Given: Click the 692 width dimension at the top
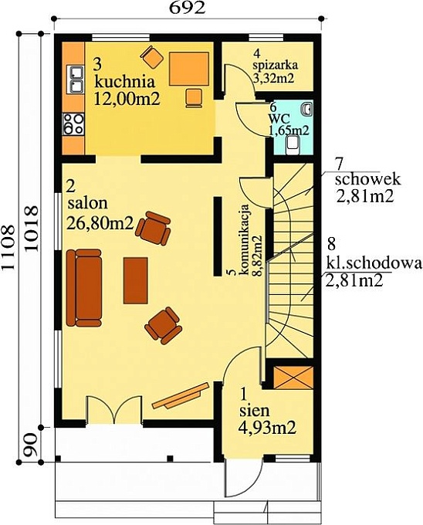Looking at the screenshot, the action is pyautogui.click(x=187, y=8).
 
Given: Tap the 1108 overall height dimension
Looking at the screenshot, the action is pyautogui.click(x=8, y=247).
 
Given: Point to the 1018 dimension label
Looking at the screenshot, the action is pyautogui.click(x=31, y=229).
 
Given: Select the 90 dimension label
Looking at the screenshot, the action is pyautogui.click(x=31, y=445).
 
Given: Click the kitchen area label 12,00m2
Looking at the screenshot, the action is pyautogui.click(x=127, y=99).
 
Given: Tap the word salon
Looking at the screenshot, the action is pyautogui.click(x=88, y=203).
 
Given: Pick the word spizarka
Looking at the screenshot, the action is pyautogui.click(x=276, y=66).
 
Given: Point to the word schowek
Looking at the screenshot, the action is pyautogui.click(x=367, y=179).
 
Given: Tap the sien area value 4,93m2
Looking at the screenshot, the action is pyautogui.click(x=267, y=428).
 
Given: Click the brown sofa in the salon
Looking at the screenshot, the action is pyautogui.click(x=84, y=288).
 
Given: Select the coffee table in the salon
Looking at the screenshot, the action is pyautogui.click(x=136, y=280).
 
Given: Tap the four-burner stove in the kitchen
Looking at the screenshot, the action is pyautogui.click(x=73, y=124).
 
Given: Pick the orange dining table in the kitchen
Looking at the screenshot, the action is pyautogui.click(x=189, y=69).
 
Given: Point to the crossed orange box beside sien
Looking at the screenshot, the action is pyautogui.click(x=293, y=378).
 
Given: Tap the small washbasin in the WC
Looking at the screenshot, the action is pyautogui.click(x=307, y=109).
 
